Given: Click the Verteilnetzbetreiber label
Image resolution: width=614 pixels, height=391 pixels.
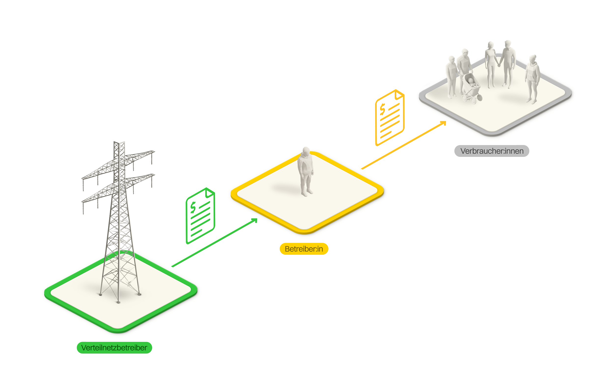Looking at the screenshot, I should click(114, 348).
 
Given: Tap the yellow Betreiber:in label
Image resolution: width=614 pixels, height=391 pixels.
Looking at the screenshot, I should click(304, 249).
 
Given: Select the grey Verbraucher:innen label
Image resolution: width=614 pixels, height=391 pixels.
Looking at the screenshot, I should click(492, 151).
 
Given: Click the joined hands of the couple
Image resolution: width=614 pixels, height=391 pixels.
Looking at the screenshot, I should click(499, 65).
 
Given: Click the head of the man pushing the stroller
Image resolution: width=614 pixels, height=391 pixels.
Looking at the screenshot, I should click(465, 53).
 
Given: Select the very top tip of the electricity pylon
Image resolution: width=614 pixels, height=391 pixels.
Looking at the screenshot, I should click(119, 142).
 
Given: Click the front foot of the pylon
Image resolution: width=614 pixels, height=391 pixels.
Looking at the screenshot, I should click(118, 302).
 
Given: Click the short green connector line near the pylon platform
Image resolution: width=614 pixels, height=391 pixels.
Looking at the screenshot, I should click(180, 263).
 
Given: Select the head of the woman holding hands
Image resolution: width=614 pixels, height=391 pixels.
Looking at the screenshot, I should click(491, 45).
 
